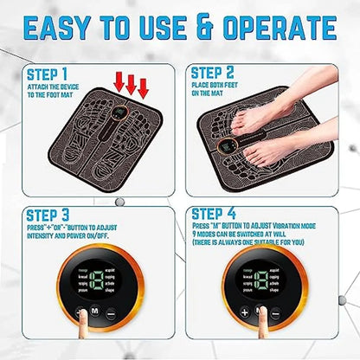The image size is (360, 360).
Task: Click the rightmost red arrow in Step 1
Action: (x=144, y=87)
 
